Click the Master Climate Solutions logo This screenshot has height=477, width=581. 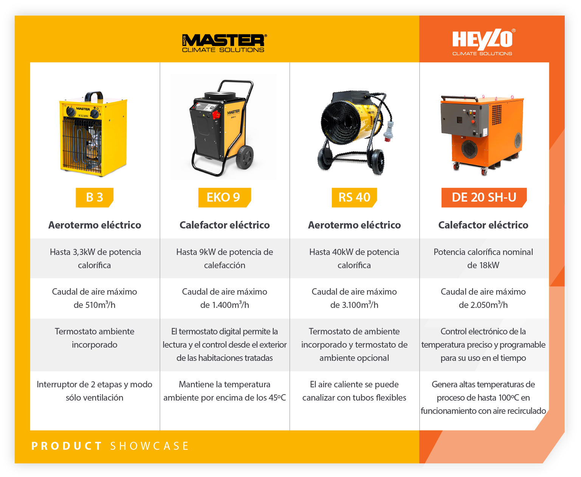pos(224,43)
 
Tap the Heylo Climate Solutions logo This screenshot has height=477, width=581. pos(483,42)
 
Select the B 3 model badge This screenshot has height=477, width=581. pos(95,197)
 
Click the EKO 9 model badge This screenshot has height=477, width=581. pos(224,197)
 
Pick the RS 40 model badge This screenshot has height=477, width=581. pos(354,197)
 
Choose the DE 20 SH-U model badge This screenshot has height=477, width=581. pos(484,197)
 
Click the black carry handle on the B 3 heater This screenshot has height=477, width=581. pos(94,96)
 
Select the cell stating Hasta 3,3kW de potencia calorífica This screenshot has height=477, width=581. pos(95,258)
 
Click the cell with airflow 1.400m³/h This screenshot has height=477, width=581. pos(225,298)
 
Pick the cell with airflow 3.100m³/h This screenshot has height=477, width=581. pos(354,298)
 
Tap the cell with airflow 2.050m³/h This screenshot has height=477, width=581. pos(484,298)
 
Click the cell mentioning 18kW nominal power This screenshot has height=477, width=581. pos(484,258)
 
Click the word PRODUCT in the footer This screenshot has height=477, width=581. pos(67,446)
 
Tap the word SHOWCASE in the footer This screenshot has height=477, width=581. pos(150,446)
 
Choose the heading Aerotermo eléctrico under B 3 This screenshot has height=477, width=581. pos(95,225)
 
